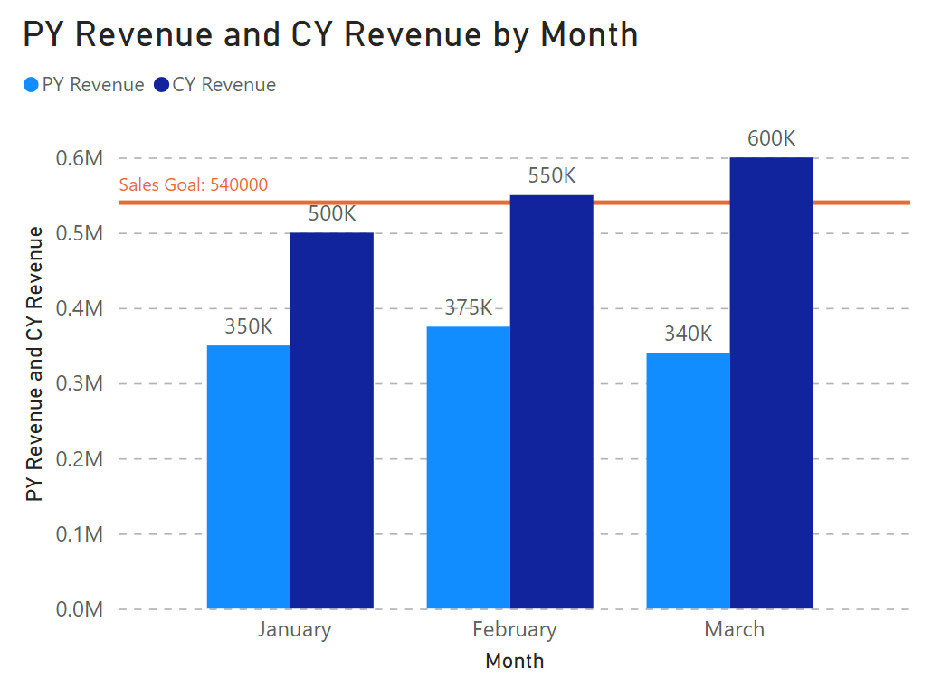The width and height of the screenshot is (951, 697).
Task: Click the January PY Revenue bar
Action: (x=249, y=477)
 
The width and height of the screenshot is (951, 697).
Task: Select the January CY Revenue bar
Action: (x=332, y=420)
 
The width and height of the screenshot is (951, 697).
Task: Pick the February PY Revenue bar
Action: (x=468, y=467)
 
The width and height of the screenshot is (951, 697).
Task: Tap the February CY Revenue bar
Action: (x=551, y=401)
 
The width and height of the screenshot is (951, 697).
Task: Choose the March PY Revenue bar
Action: (x=688, y=481)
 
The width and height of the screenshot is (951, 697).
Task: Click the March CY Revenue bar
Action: (x=771, y=383)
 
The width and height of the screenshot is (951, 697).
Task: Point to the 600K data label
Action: (x=771, y=138)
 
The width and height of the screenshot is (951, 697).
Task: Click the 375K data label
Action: (x=468, y=307)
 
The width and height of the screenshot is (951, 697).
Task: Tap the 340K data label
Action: (x=688, y=334)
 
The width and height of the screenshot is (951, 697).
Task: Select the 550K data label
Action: (x=551, y=175)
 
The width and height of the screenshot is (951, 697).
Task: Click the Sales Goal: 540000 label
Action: (x=194, y=184)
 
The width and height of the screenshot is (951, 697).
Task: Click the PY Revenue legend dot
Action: (x=31, y=85)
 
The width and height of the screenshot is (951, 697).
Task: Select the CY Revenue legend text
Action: (x=223, y=85)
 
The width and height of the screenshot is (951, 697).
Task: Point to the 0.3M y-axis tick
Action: (x=80, y=383)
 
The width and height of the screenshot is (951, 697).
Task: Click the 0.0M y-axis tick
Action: (x=80, y=609)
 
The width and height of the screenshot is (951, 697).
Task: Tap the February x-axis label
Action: (x=514, y=630)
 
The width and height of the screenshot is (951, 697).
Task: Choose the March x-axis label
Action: (x=734, y=629)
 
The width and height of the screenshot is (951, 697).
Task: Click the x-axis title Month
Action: (x=514, y=661)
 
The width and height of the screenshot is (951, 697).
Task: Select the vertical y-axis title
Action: (x=34, y=363)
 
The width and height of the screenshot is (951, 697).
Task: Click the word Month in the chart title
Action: (x=589, y=34)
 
